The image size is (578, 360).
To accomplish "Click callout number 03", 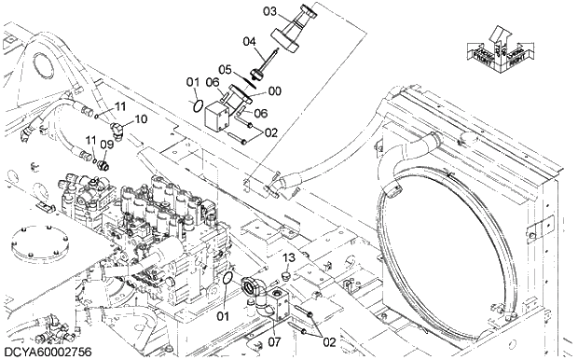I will [243, 12].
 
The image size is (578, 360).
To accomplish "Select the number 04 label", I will [249, 41].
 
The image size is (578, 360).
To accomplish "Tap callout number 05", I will [226, 68].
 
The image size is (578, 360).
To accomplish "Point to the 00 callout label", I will [274, 91].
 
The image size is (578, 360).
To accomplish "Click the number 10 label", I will [141, 119].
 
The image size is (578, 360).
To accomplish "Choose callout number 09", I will [106, 145].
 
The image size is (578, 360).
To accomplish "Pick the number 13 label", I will [289, 257].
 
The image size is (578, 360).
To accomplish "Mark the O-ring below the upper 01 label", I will [195, 104].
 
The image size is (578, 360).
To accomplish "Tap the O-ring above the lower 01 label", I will [227, 282].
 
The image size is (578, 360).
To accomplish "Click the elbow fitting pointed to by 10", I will [115, 119].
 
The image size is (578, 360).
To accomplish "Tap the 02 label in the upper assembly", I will [271, 132].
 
